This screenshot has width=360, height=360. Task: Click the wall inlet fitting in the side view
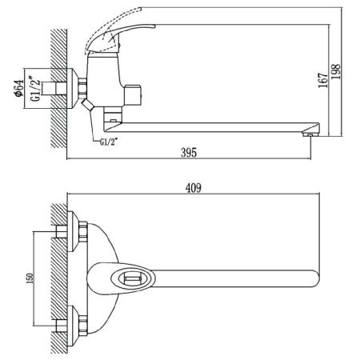tap(76, 86)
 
